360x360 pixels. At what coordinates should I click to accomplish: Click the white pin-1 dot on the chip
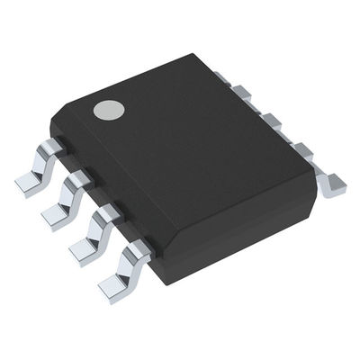(x=110, y=111)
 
